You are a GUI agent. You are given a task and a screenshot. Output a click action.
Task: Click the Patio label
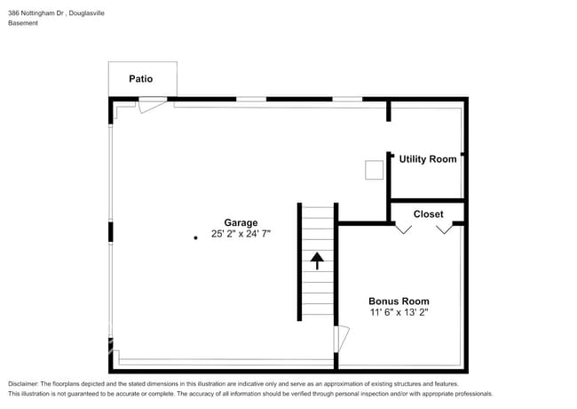140,79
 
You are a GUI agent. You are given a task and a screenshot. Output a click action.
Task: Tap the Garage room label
241,223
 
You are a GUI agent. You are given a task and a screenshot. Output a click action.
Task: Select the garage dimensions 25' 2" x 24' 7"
241,235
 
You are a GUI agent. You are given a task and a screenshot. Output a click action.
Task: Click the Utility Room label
428,159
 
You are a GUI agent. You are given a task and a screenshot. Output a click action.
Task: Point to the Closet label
428,214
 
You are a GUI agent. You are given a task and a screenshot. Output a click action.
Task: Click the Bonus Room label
399,301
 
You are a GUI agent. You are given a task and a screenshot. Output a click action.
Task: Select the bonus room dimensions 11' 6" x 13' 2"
399,313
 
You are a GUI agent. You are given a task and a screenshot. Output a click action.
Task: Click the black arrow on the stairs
317,260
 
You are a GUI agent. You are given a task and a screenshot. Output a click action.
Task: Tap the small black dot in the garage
196,237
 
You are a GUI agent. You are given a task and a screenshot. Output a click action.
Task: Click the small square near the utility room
375,169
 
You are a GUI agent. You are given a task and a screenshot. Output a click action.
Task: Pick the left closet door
403,229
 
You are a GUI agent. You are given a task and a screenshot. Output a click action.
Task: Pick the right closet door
444,229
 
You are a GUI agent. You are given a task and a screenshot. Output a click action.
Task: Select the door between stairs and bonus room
342,339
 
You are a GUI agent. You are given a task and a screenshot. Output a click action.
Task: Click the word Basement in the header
23,23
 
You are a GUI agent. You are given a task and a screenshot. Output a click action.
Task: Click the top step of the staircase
317,209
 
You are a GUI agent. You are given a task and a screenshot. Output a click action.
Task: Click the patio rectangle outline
109,79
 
